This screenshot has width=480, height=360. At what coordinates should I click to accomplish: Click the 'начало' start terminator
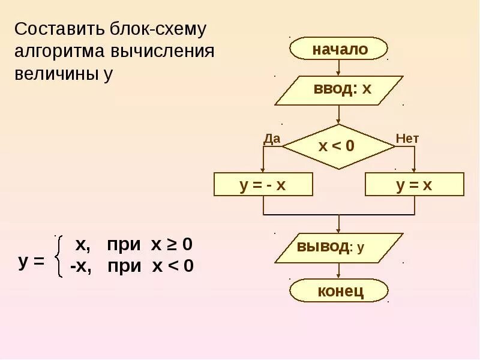(x=339, y=49)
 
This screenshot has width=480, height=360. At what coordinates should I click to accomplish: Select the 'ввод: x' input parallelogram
(x=339, y=90)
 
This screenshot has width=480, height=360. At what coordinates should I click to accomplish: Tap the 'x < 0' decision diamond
(x=338, y=146)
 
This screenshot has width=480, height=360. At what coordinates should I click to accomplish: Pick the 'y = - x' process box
(x=263, y=184)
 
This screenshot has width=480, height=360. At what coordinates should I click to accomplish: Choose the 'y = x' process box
(x=415, y=184)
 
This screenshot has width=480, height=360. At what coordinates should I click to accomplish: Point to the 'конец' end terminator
(x=339, y=291)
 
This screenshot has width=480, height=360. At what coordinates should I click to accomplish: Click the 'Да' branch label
(x=272, y=139)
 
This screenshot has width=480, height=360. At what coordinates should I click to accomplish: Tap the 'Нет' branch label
(x=407, y=139)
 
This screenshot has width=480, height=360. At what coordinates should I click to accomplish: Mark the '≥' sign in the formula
(x=172, y=245)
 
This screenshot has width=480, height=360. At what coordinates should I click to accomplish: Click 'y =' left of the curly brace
(x=31, y=262)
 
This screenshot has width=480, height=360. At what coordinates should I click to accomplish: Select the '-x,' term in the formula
(x=80, y=266)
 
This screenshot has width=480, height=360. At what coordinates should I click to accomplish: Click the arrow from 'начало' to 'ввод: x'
(x=339, y=67)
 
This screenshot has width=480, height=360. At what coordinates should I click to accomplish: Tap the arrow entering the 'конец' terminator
(x=339, y=271)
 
